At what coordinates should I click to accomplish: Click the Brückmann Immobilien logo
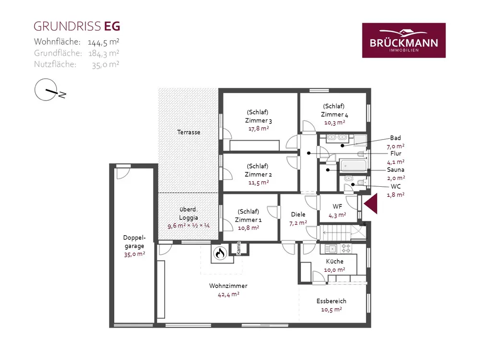click(404, 40)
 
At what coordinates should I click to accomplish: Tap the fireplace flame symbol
click(219, 253)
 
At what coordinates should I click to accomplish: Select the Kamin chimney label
click(239, 248)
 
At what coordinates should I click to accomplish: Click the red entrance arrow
click(371, 204)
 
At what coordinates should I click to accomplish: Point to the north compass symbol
click(49, 90)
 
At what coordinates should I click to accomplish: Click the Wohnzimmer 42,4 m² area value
click(228, 295)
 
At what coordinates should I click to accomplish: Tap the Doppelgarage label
click(134, 241)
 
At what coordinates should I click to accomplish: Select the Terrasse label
click(189, 132)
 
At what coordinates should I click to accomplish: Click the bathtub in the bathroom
click(353, 166)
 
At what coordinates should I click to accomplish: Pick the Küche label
click(335, 262)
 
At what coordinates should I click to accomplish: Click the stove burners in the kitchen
click(346, 248)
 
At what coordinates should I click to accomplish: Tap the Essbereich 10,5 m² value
click(332, 310)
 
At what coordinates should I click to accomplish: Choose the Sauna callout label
click(396, 169)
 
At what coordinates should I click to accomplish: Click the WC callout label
click(396, 186)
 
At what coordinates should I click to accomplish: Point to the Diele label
click(298, 214)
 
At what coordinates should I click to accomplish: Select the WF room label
click(337, 206)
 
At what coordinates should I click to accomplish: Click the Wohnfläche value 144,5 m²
click(104, 42)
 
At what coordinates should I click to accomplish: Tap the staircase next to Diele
click(342, 233)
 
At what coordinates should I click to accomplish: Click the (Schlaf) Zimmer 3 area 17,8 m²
click(259, 129)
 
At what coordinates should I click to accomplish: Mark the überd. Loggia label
click(189, 214)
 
